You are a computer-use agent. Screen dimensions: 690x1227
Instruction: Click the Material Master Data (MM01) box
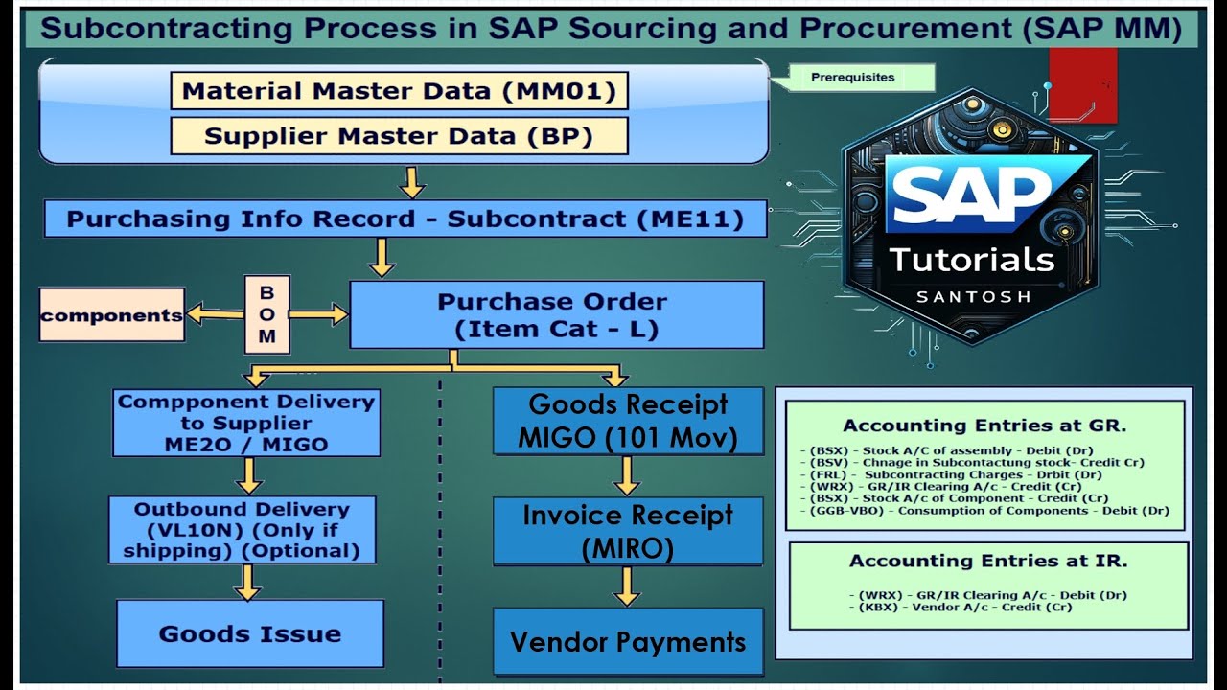pos(399,91)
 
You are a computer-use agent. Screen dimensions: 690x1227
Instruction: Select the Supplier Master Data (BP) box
pos(399,135)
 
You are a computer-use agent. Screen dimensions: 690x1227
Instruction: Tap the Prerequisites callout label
pos(852,78)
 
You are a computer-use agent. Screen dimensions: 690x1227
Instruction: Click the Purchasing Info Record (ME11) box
pos(405,218)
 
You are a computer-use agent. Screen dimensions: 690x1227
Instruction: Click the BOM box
pos(266,313)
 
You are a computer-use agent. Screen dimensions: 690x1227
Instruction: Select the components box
pos(111,314)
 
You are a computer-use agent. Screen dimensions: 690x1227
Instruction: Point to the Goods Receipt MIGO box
pos(628,421)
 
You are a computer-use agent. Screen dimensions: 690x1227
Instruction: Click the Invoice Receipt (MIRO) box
pos(628,531)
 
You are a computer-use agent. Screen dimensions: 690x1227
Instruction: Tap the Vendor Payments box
pos(628,641)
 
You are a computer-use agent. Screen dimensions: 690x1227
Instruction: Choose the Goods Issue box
pos(249,633)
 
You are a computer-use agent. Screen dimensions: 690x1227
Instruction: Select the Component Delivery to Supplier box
pos(245,423)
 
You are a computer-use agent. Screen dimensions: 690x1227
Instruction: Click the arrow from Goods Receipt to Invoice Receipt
pos(627,475)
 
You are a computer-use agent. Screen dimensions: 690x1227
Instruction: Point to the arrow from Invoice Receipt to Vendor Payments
pos(627,586)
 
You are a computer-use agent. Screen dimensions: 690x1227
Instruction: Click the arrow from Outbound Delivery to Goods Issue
pos(247,582)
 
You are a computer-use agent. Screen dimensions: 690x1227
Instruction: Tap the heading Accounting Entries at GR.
pos(984,425)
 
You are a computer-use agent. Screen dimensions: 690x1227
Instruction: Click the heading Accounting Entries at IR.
pos(988,561)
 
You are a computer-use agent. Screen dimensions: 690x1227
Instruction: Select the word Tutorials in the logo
pos(971,259)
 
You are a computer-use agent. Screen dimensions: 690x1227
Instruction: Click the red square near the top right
pos(1083,84)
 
